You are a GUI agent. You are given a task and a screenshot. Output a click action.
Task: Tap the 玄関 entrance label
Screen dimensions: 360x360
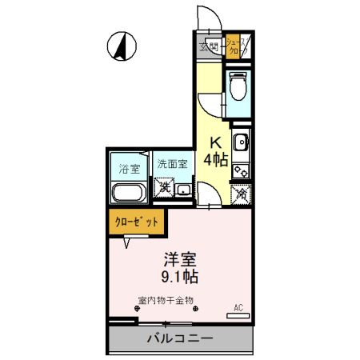[x=209, y=47]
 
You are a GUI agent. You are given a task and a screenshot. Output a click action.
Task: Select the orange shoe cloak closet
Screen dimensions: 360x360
[x=237, y=47]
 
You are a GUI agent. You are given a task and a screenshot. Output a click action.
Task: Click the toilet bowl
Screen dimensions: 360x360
[x=238, y=86]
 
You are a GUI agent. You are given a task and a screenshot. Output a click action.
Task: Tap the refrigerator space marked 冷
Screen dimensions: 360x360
[x=241, y=193]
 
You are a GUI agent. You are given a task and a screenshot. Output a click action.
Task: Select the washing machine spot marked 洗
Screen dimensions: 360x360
[x=164, y=190]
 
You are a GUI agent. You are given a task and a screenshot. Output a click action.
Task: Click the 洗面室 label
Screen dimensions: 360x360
[x=172, y=164]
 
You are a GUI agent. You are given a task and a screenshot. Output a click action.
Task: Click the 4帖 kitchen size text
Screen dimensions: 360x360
[x=215, y=159]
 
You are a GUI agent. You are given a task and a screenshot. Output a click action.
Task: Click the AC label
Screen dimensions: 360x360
[x=238, y=307]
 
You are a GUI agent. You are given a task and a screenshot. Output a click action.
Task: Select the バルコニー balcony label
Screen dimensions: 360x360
[x=180, y=338]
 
